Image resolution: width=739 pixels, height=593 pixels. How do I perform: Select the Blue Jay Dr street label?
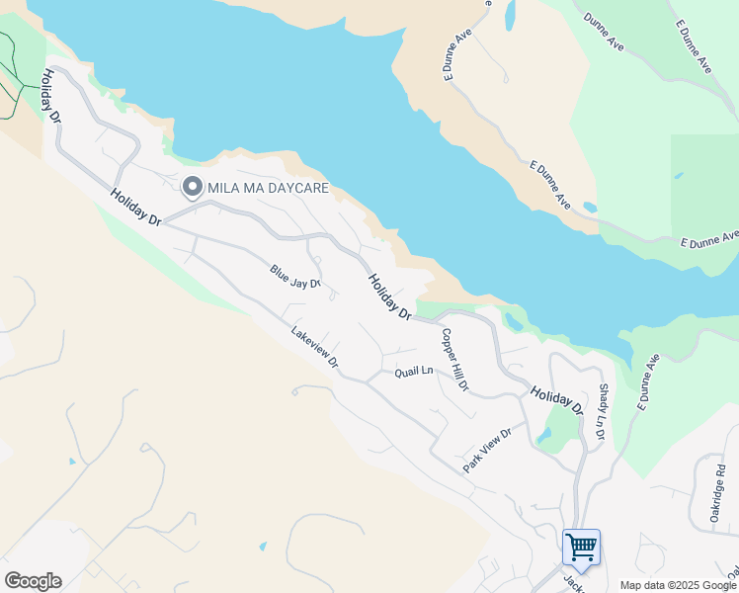(x=295, y=277)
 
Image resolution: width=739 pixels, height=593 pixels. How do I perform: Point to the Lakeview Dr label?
(x=315, y=348)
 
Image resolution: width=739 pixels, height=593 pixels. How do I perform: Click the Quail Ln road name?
(x=414, y=372)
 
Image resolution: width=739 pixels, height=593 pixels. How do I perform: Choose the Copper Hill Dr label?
(x=454, y=360)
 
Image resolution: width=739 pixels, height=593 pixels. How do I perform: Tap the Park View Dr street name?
(x=488, y=450)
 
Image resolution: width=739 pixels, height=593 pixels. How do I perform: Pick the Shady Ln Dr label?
(x=602, y=412)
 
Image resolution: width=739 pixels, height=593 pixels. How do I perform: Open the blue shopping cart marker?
(x=581, y=547)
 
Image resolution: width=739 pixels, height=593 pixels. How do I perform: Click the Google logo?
(x=33, y=580)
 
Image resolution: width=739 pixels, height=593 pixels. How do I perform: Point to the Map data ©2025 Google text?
(x=679, y=585)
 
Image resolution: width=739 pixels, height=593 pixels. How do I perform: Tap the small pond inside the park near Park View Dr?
(x=544, y=434)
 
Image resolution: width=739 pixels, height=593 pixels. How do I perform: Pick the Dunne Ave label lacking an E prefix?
(x=603, y=33)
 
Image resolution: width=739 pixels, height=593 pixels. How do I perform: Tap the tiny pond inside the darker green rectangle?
(x=678, y=176)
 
